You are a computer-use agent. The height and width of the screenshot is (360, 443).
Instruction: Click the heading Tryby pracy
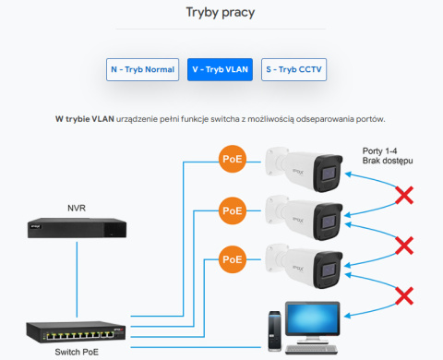[x=221, y=14]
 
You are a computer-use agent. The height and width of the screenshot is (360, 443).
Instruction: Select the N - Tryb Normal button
[x=142, y=70]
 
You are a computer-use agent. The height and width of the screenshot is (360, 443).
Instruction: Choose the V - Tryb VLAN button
[x=221, y=70]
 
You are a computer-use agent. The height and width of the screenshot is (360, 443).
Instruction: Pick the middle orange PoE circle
[x=232, y=210]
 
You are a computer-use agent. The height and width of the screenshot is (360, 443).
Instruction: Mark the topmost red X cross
[x=403, y=196]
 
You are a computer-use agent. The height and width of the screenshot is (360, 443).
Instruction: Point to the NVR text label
[x=77, y=208]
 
